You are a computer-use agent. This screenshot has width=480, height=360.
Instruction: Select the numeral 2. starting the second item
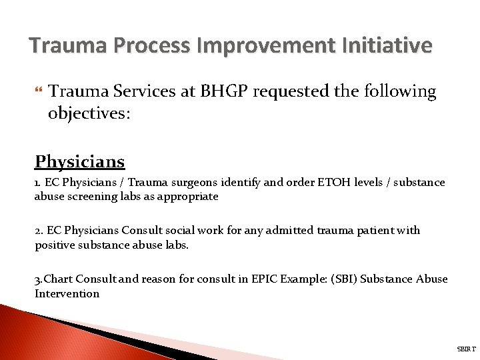pos(39,231)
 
